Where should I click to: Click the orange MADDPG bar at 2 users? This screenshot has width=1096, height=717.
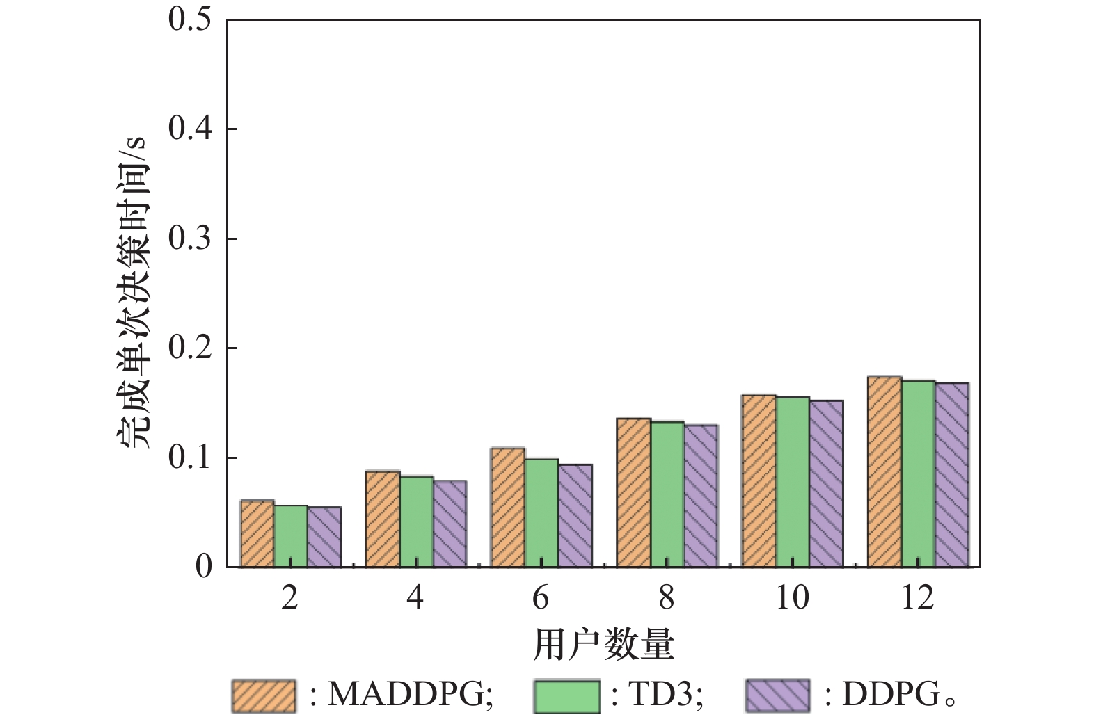pos(257,533)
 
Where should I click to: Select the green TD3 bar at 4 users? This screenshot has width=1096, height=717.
pos(416,522)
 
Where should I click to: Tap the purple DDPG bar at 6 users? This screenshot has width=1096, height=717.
pos(575,515)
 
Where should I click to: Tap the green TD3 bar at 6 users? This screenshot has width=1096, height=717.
pos(542,513)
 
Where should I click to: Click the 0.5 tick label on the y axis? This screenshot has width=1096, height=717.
pos(189,19)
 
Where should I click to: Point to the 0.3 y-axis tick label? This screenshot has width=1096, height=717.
pos(189,239)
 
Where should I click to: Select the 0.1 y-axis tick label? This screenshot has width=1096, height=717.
pos(189,458)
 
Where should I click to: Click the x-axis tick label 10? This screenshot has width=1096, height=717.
pos(792,597)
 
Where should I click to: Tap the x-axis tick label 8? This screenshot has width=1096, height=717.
pos(667,597)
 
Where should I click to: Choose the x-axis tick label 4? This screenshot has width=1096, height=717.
pos(415,597)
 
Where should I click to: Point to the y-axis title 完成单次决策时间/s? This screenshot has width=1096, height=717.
pos(133,292)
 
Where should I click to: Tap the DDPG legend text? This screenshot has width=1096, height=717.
pos(891,694)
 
